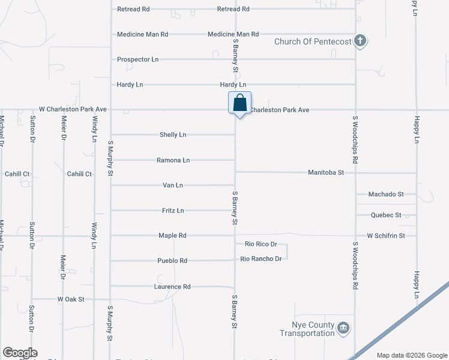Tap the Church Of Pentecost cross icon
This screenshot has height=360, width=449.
[360, 41]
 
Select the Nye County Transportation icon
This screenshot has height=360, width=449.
[343, 328]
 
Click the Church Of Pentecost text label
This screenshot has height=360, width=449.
[312, 41]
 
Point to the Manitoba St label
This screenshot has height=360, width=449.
[326, 173]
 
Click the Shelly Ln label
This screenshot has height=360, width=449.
[173, 135]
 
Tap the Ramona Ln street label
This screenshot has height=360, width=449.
[173, 160]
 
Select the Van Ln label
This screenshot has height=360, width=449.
[173, 185]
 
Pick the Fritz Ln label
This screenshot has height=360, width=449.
[173, 211]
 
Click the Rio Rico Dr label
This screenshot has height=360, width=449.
[261, 244]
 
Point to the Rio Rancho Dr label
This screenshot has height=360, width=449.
[261, 259]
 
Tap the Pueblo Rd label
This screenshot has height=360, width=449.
[173, 260]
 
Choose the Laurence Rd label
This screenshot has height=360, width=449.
[173, 287]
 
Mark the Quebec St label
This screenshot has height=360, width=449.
[387, 215]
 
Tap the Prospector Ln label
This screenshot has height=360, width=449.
[138, 59]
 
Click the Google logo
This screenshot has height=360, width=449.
[19, 353]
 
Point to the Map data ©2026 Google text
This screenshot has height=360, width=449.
[411, 355]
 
